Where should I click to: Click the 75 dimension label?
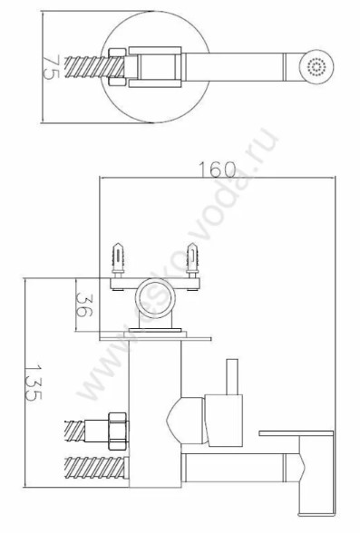click(x=52, y=67)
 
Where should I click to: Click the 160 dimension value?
click(x=217, y=170)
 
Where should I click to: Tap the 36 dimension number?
click(x=84, y=305)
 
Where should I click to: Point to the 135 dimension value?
click(x=34, y=383)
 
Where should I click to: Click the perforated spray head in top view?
click(x=316, y=67)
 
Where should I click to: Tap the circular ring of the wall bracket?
click(x=156, y=297)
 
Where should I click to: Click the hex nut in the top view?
click(x=118, y=67)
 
